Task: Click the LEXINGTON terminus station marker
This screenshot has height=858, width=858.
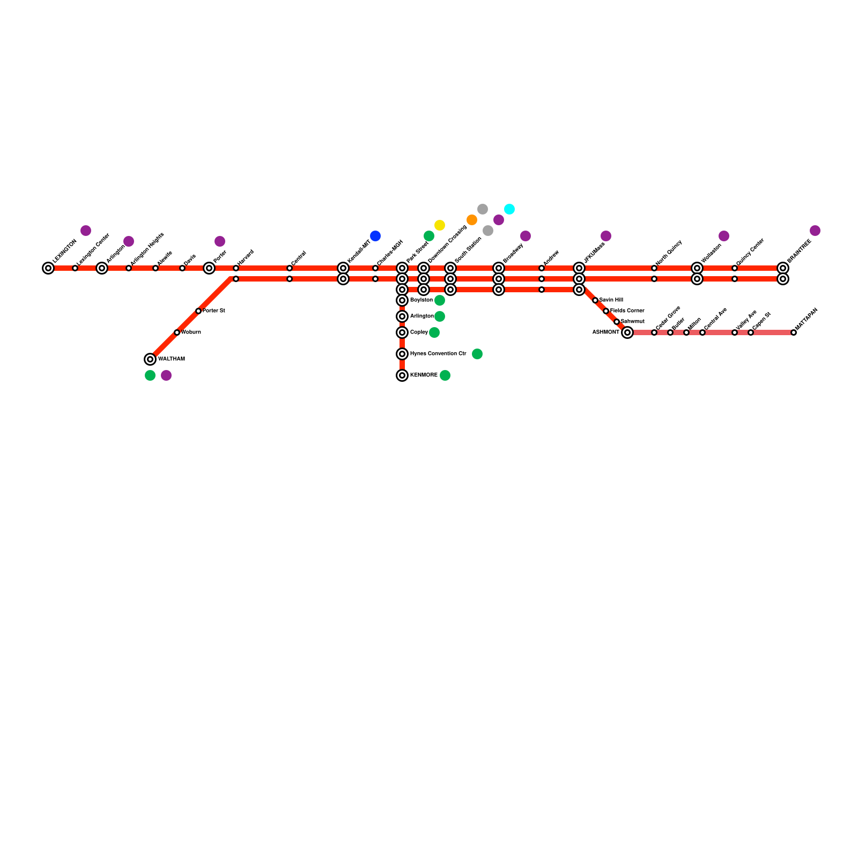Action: coord(48,268)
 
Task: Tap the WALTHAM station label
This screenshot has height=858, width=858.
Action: coord(172,359)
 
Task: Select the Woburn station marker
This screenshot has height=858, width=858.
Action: coord(177,332)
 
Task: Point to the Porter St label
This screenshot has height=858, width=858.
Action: coord(213,311)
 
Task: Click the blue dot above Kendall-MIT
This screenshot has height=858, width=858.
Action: coord(375,236)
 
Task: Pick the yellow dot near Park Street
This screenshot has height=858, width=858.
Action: coord(440,225)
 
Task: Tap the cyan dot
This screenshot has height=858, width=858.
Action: coord(509,209)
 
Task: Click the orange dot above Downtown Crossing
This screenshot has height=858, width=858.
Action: coord(472,220)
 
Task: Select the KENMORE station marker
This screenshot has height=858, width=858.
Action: coord(402,375)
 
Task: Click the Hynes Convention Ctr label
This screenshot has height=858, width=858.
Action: coord(438,354)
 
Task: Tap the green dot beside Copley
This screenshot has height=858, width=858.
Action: coord(434,332)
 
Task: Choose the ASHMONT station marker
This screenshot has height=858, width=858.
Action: coord(627,332)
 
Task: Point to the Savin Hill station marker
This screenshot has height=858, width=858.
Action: coord(595,300)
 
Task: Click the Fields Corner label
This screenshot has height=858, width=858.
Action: coord(627,311)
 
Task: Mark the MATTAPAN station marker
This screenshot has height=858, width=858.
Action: coord(794,332)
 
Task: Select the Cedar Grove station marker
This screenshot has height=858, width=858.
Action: coord(654,332)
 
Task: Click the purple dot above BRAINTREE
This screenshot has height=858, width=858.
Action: coord(815,231)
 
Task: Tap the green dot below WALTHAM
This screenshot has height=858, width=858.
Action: coord(150,375)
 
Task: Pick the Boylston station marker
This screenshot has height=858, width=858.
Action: coord(402,300)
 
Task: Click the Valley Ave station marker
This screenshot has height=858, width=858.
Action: coord(735,332)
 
